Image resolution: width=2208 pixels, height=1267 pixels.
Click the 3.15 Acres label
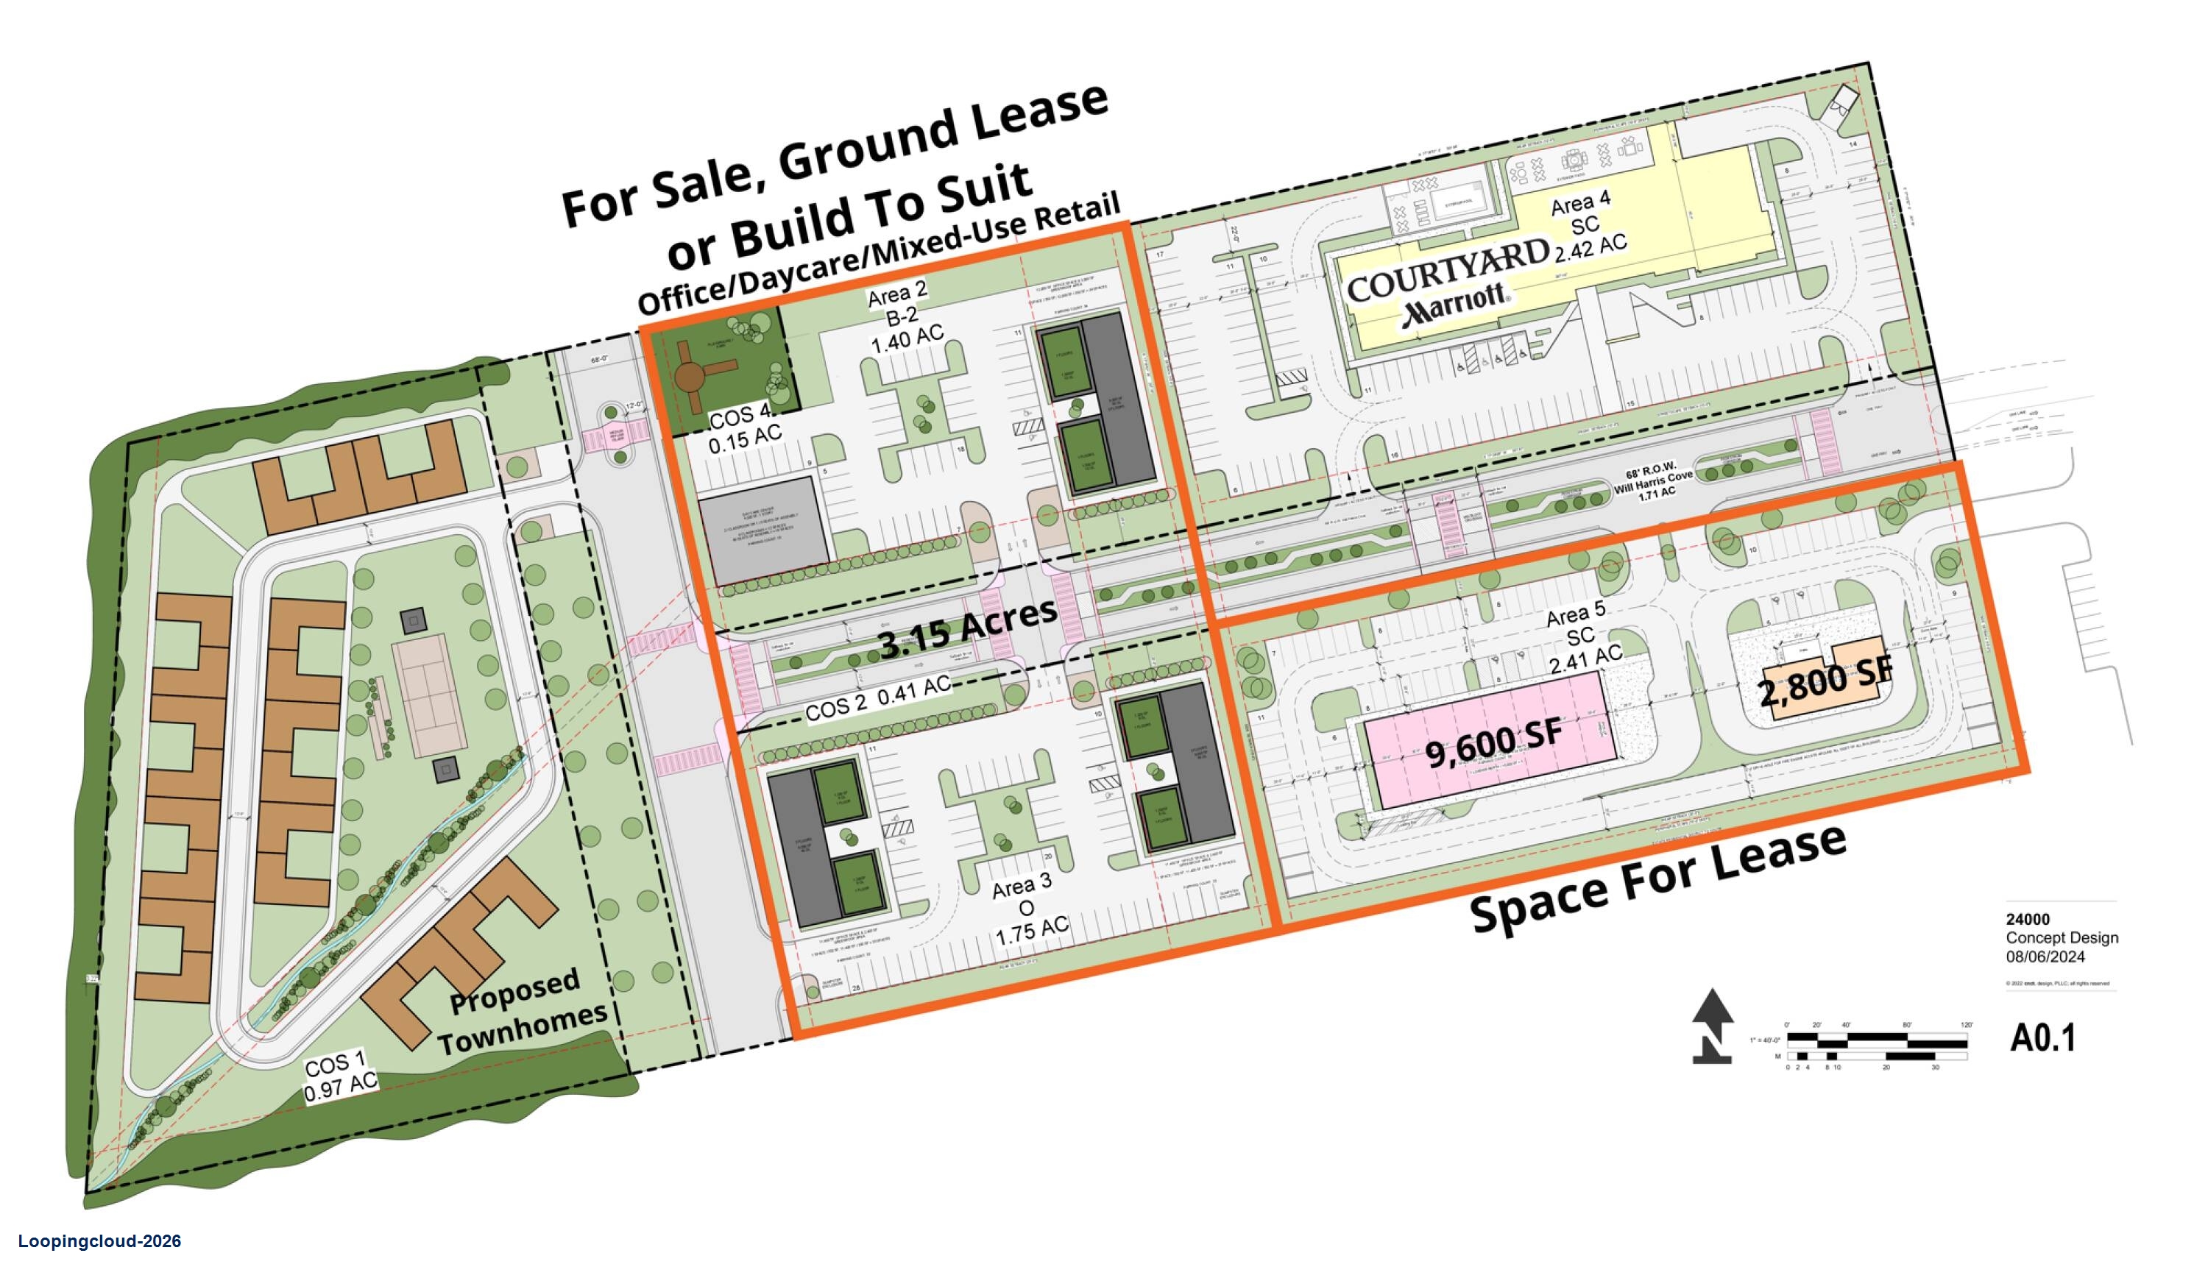point(967,630)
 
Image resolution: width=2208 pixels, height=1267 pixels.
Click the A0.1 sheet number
point(2042,1037)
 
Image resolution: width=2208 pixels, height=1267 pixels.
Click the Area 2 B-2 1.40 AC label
point(902,318)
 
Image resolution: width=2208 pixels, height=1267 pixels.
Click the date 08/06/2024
point(2045,957)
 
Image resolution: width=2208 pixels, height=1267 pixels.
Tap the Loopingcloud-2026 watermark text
point(99,1242)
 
